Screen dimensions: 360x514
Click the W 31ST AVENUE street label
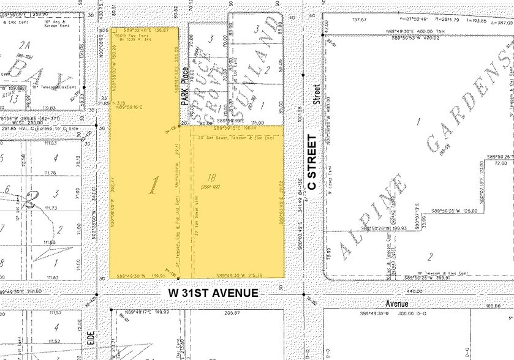[x=213, y=293]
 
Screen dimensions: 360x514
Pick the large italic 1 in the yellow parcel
[x=151, y=185]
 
